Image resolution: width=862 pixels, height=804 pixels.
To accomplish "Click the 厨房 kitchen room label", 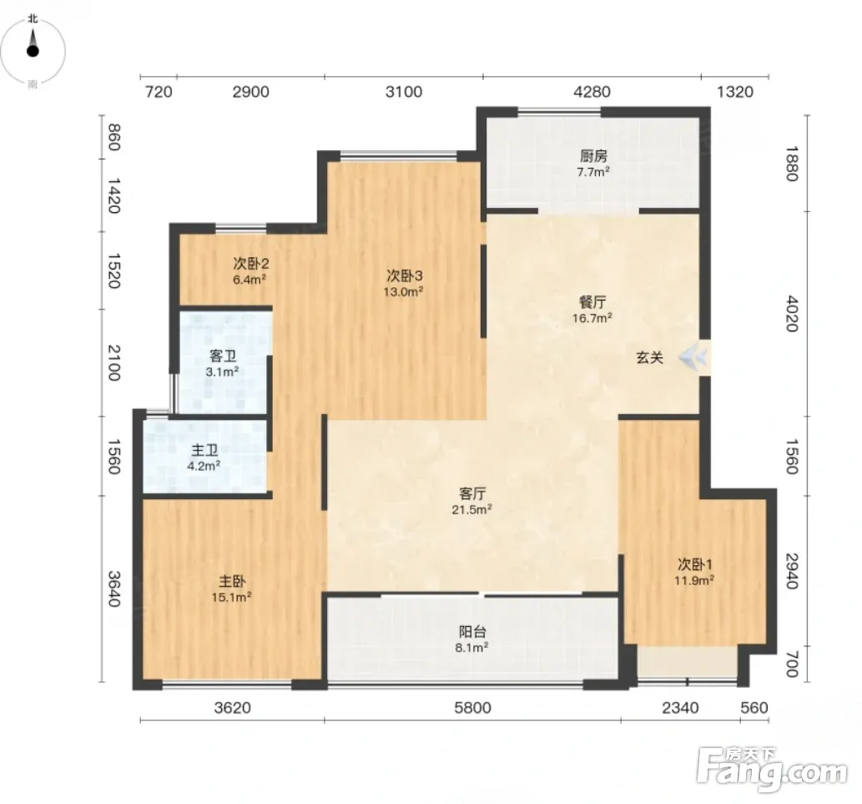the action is tap(593, 156).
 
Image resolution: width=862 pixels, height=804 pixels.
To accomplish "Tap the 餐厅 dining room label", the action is tap(592, 302).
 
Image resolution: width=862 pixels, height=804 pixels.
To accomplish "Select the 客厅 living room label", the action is tap(472, 494).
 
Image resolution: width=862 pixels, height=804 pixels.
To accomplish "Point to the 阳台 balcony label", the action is tap(472, 632).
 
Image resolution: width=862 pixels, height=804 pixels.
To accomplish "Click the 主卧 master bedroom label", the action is tap(232, 581).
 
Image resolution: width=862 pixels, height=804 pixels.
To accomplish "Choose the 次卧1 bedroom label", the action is tap(695, 564).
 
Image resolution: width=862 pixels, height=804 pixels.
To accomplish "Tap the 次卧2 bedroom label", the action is tap(250, 264).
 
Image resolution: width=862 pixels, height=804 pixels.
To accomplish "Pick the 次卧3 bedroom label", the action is tap(404, 276).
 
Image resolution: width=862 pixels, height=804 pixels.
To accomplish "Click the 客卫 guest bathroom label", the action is tap(223, 356).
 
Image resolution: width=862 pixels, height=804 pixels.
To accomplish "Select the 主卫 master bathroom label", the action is tap(204, 451).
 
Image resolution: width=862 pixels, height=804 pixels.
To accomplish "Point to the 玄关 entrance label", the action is tap(650, 358).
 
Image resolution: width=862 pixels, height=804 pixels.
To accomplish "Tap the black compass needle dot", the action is tap(33, 52).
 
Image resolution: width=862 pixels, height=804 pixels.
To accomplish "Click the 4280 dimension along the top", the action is tap(592, 91).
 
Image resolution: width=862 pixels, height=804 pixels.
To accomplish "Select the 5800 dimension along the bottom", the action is tap(473, 707).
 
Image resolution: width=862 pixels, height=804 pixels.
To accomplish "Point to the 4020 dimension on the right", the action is tap(792, 313).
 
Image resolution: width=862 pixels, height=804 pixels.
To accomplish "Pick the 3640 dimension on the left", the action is tap(113, 589).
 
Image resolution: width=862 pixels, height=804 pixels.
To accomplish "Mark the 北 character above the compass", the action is tap(33, 18).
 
